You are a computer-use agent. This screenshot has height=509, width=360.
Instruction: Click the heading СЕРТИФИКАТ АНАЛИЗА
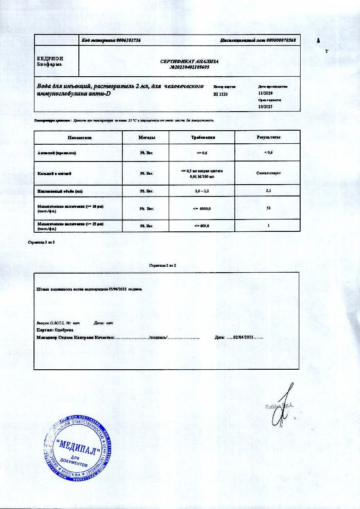point(190,61)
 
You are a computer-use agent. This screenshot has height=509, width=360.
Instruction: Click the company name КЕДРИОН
point(50,59)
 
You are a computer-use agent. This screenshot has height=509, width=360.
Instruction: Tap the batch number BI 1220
point(220,94)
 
